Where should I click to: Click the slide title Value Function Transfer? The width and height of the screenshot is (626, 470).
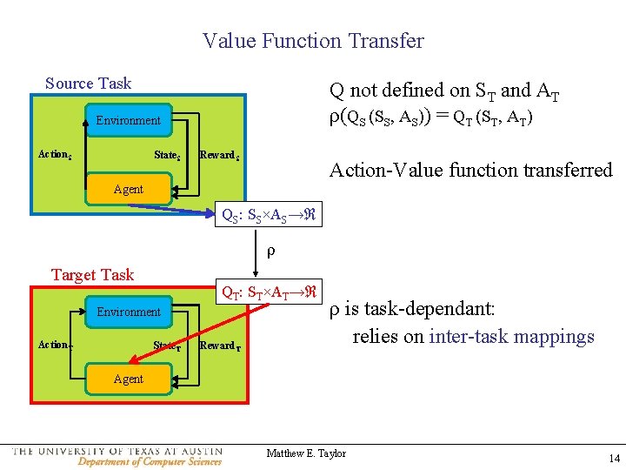point(313,41)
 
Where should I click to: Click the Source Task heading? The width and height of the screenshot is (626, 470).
point(88,84)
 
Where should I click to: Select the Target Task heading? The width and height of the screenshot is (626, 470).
point(92,275)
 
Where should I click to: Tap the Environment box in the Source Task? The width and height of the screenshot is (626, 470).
point(129,120)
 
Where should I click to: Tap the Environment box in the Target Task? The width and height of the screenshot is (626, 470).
point(129,312)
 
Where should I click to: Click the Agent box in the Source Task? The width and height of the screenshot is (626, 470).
point(129,189)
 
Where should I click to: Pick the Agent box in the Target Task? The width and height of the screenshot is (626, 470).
point(129,379)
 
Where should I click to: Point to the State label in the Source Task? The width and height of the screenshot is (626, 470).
point(167,155)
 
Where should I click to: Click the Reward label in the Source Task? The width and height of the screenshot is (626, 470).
point(219,155)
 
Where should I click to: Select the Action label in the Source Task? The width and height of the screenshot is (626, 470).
point(55,155)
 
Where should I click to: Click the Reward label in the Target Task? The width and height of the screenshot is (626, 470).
point(219,346)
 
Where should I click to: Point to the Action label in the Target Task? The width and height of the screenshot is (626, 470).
point(55,346)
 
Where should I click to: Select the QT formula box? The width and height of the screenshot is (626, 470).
point(269,293)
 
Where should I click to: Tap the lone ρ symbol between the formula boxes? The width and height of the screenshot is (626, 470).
point(270,253)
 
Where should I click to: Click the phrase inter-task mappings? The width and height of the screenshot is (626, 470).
point(511,337)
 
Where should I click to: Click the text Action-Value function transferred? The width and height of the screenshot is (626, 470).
point(470,171)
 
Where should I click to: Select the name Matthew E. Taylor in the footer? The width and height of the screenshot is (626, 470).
point(306,453)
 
